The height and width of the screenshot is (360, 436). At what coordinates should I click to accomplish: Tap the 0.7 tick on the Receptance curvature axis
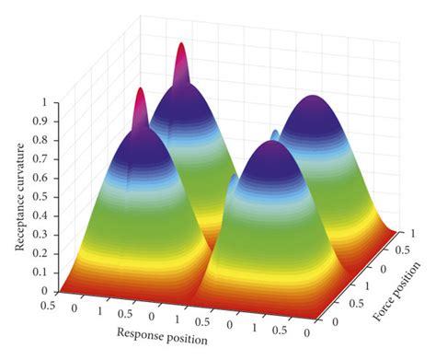pos(42,159)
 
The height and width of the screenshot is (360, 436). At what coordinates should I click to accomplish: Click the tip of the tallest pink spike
pos(181,46)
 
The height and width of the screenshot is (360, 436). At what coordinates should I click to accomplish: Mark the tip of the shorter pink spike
pos(140,91)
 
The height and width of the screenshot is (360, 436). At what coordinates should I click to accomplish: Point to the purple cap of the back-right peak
pos(313,103)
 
